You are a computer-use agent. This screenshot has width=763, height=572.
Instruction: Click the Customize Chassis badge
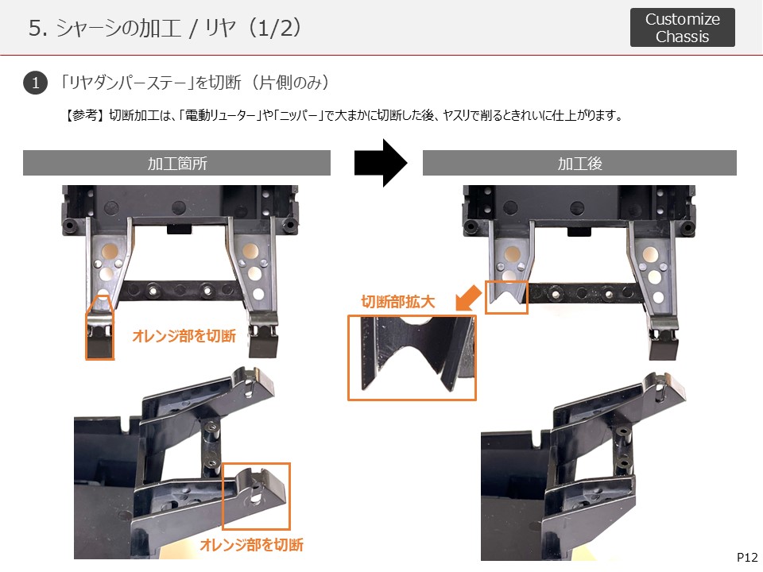pos(682,27)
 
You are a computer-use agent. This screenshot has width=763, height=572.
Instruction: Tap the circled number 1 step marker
pos(35,83)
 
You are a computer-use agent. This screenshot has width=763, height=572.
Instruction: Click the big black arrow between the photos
pos(381,163)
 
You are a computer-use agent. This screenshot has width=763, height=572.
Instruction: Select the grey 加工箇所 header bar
pos(176,163)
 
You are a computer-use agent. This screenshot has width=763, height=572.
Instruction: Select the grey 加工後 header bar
pos(579,163)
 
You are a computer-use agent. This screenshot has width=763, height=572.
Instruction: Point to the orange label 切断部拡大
pos(397,302)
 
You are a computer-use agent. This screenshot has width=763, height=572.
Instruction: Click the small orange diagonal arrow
pos(468,297)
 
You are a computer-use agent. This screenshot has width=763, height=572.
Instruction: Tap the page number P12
pos(747,558)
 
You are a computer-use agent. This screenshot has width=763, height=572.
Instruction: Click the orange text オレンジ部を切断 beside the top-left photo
pos(184,335)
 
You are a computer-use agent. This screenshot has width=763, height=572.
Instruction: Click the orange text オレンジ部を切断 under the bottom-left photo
pos(252,544)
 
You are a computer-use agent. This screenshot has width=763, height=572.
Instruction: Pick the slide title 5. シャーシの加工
pos(105,28)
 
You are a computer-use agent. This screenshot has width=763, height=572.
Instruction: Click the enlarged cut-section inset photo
pos(412,357)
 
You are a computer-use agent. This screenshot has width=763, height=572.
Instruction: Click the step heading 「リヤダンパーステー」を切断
pos(149,83)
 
